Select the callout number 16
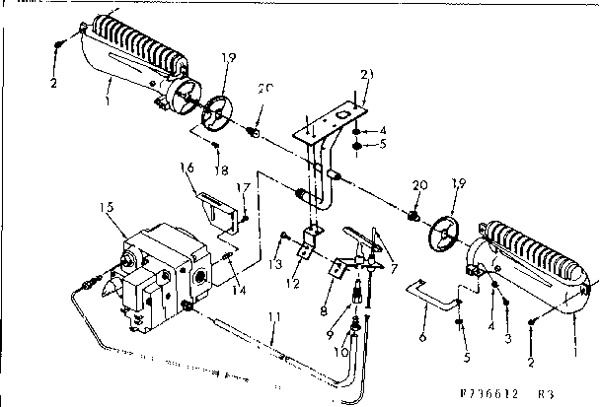click(187, 169)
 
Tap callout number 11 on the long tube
click(275, 317)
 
